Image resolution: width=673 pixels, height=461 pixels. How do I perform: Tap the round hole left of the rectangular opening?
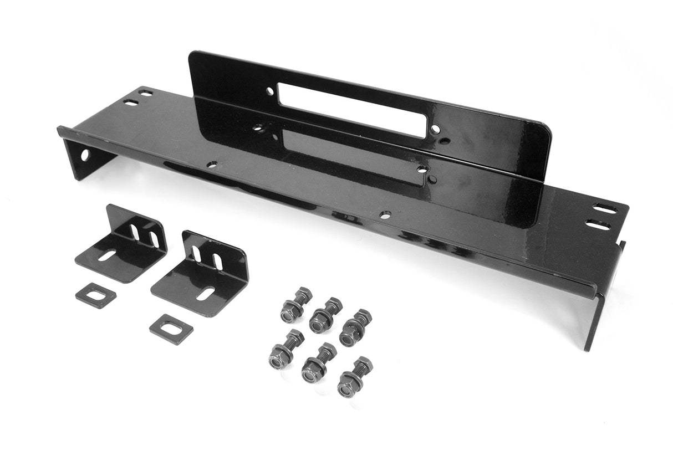pyautogui.click(x=269, y=91)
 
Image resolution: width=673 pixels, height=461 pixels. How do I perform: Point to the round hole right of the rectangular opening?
pyautogui.click(x=436, y=130)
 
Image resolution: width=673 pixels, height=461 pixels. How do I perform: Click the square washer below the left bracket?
pyautogui.click(x=96, y=295)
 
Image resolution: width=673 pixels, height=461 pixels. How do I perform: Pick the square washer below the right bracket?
pyautogui.click(x=171, y=329)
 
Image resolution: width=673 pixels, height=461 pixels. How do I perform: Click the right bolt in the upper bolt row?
pyautogui.click(x=355, y=327)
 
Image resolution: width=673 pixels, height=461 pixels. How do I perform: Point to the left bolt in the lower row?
pyautogui.click(x=284, y=350)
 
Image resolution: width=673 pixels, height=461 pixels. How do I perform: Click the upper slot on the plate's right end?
pyautogui.click(x=604, y=209)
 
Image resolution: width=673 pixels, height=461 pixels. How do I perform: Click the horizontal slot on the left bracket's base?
pyautogui.click(x=108, y=255)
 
